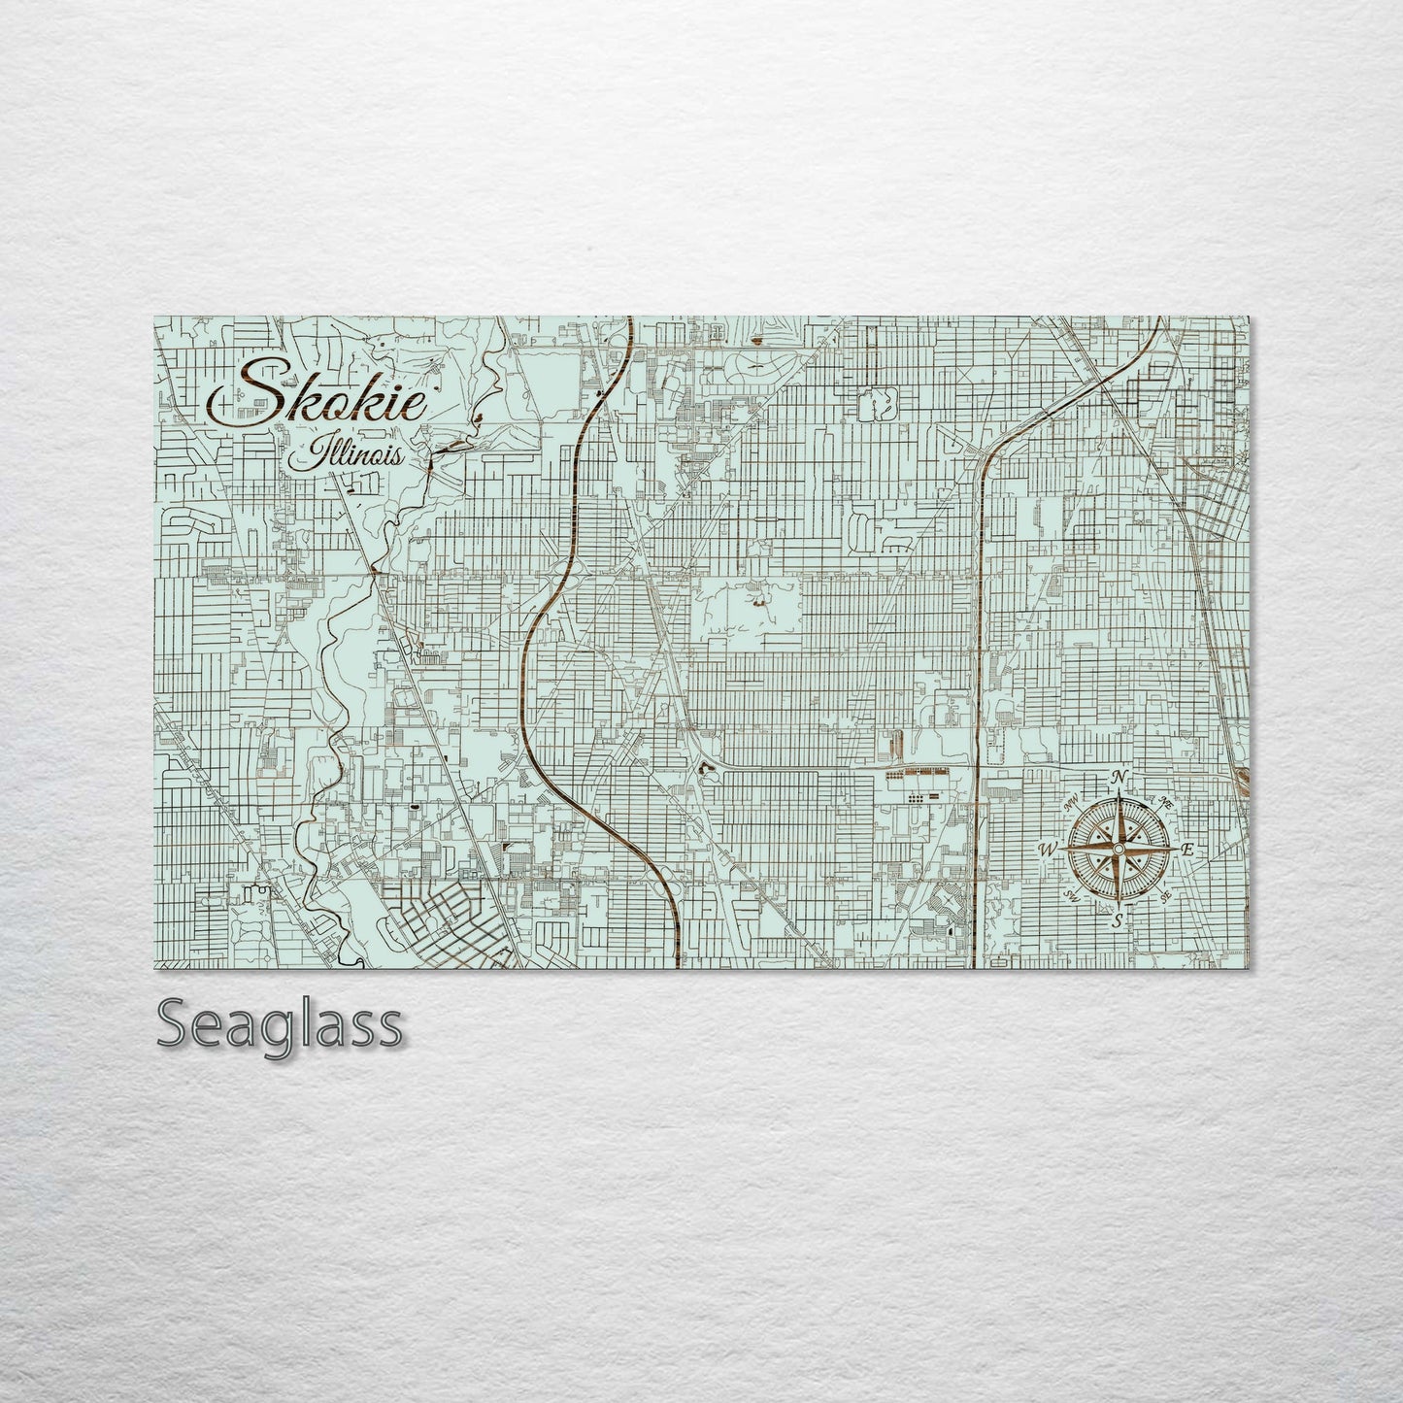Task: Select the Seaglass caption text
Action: (x=279, y=1024)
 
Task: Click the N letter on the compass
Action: (x=1119, y=778)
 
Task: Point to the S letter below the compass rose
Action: (x=1119, y=919)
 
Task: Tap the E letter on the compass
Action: (x=1186, y=850)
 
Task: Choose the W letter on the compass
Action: (x=1049, y=850)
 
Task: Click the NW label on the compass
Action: (x=1072, y=803)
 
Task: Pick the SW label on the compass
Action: (x=1072, y=895)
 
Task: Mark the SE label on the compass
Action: (x=1165, y=895)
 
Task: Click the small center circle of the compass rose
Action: (x=1119, y=850)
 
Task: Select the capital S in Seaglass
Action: (x=174, y=1024)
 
